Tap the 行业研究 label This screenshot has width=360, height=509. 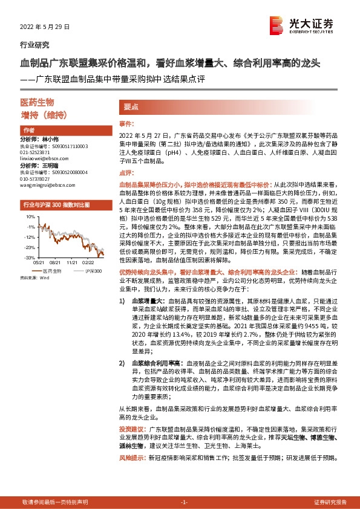point(35,45)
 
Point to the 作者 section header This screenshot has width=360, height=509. point(29,131)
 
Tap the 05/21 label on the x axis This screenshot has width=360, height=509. point(39,262)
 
